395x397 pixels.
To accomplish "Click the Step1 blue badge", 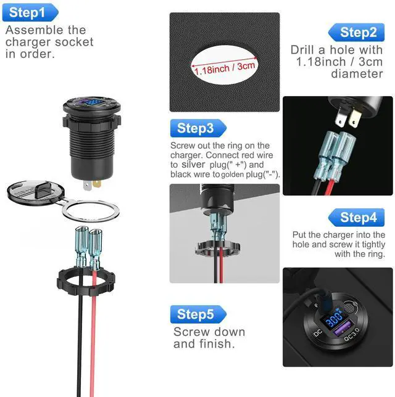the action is (30, 12).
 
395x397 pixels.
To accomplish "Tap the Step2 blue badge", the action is (357, 32).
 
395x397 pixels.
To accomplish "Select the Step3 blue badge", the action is (198, 128).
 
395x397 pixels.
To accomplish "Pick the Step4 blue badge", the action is (357, 218).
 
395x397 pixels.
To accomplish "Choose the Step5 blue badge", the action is (198, 314).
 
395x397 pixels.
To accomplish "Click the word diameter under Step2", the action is (357, 74).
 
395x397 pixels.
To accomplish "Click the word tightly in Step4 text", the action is (373, 245).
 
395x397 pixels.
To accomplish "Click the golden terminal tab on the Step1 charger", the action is (97, 183).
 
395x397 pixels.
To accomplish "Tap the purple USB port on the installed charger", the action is (343, 329).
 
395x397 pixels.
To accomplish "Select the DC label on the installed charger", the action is (318, 333).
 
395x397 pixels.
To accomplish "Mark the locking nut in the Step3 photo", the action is (217, 248).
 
